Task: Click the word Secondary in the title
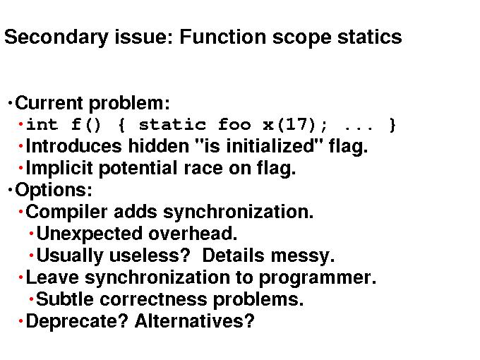pyautogui.click(x=56, y=38)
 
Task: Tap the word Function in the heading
pyautogui.click(x=222, y=37)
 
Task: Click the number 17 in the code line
pyautogui.click(x=296, y=124)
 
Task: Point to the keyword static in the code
pyautogui.click(x=172, y=125)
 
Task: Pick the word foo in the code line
pyautogui.click(x=234, y=125)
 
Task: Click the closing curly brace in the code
pyautogui.click(x=392, y=125)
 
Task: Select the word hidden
pyautogui.click(x=158, y=146)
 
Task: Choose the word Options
pyautogui.click(x=54, y=190)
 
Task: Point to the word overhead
pyautogui.click(x=193, y=234)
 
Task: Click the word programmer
pyautogui.click(x=318, y=278)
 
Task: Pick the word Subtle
pyautogui.click(x=65, y=299)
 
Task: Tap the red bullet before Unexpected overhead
pyautogui.click(x=31, y=234)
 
